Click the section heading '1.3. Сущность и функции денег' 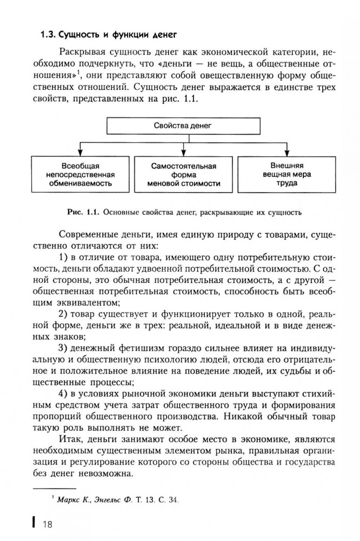(x=110, y=36)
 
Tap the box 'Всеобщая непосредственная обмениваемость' (x=79, y=174)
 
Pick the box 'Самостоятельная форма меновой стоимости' (x=184, y=174)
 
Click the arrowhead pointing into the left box (x=80, y=153)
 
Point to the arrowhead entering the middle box (x=184, y=153)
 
